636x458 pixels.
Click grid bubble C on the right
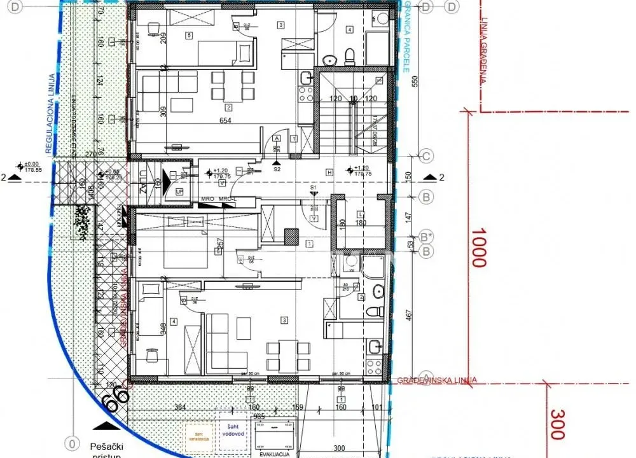pyautogui.click(x=427, y=156)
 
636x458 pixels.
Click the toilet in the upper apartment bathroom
pyautogui.click(x=349, y=56)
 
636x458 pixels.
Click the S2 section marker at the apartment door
pyautogui.click(x=277, y=170)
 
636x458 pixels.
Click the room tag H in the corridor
pyautogui.click(x=329, y=172)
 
